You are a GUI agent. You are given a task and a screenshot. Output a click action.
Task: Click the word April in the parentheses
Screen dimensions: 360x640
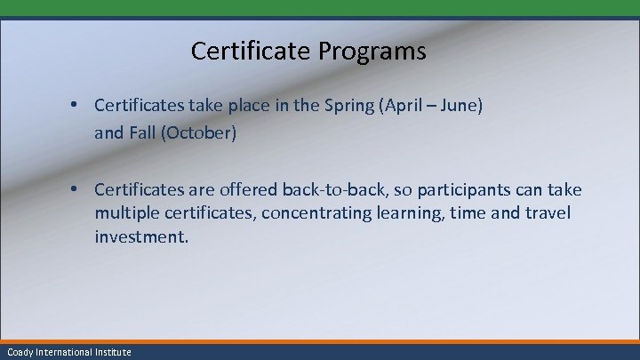[382, 107]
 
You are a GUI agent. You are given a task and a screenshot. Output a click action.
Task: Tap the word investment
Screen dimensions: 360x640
[141, 237]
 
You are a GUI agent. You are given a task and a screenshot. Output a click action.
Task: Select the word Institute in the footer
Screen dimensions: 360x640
[112, 352]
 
